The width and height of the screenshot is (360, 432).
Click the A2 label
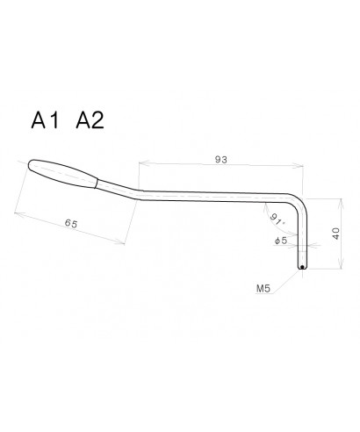(x=91, y=121)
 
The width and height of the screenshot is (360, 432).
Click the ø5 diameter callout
(x=281, y=239)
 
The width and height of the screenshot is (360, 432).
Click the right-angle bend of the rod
(x=299, y=205)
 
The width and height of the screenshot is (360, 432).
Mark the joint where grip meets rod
(x=97, y=183)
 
